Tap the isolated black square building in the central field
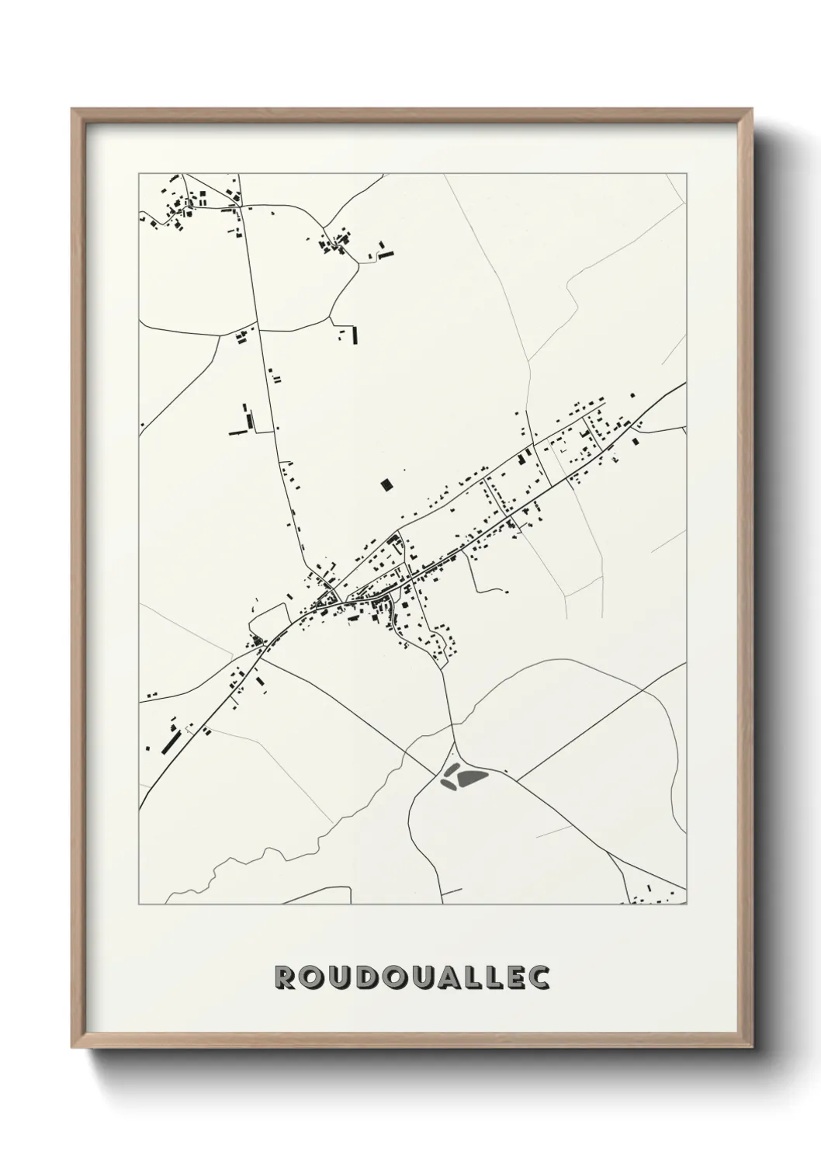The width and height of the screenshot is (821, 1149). pos(386,485)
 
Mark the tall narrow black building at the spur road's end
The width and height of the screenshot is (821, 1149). pos(355,335)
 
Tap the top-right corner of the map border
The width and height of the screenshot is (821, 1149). pos(687,174)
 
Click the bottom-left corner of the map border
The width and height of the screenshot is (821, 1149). pos(139,904)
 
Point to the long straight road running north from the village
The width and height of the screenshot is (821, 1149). pos(272,404)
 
